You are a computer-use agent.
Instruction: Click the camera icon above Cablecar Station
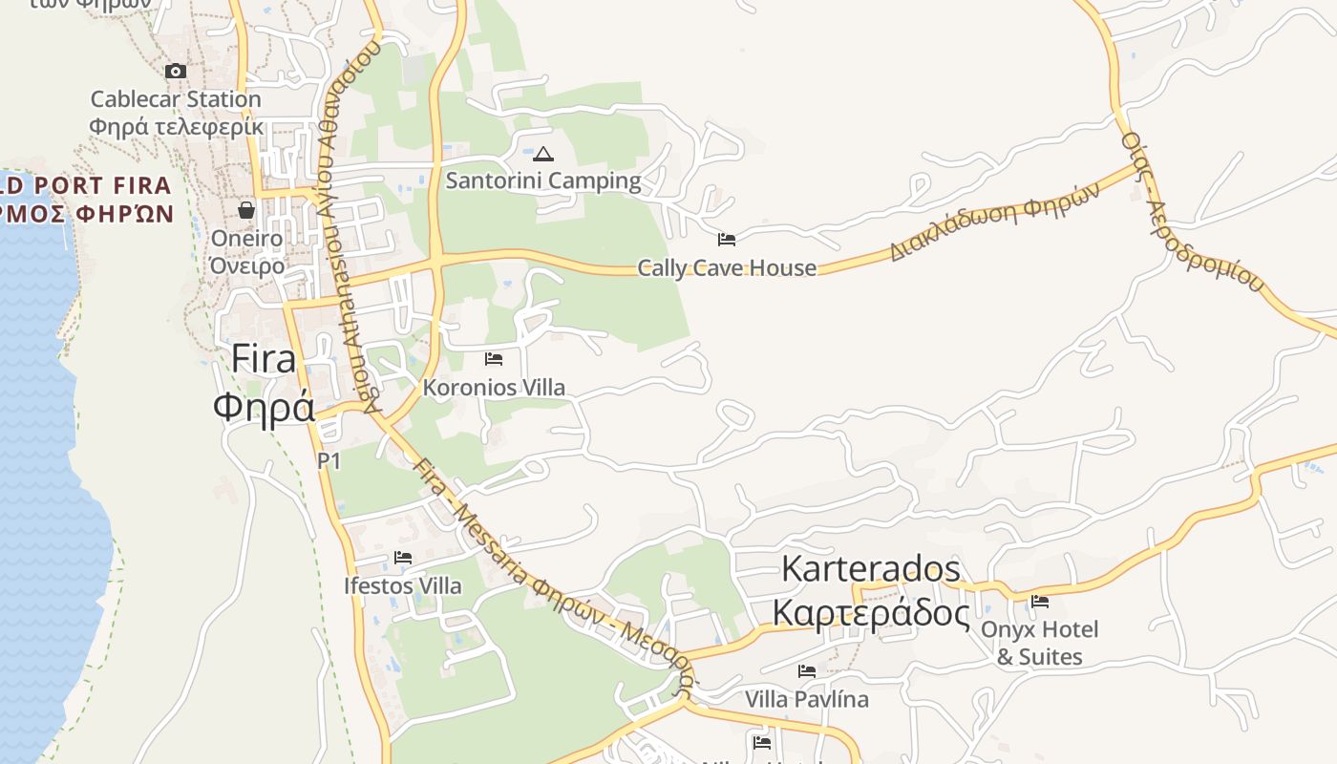coord(176,71)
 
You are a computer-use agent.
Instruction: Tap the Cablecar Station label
coord(176,99)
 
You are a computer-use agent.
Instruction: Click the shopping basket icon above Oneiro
coord(246,209)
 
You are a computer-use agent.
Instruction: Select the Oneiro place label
coord(246,238)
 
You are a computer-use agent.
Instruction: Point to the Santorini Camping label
coord(543,180)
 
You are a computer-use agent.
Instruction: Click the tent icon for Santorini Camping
coord(543,154)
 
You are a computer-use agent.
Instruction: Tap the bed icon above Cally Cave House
coord(727,240)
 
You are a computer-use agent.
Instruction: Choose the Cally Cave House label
coord(727,268)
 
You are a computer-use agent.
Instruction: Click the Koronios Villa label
coord(494,388)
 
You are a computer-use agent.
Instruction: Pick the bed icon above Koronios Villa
coord(494,359)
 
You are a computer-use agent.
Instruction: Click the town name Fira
coord(264,360)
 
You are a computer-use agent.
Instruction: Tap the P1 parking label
coord(329,461)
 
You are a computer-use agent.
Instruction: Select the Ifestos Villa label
coord(403,586)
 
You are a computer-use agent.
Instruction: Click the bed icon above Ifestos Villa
coord(403,558)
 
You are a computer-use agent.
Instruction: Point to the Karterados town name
coord(871,569)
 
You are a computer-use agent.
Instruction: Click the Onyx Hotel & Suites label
coord(1040,643)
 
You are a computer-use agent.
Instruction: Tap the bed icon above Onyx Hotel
coord(1040,602)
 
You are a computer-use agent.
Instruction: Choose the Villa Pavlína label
coord(807,700)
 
